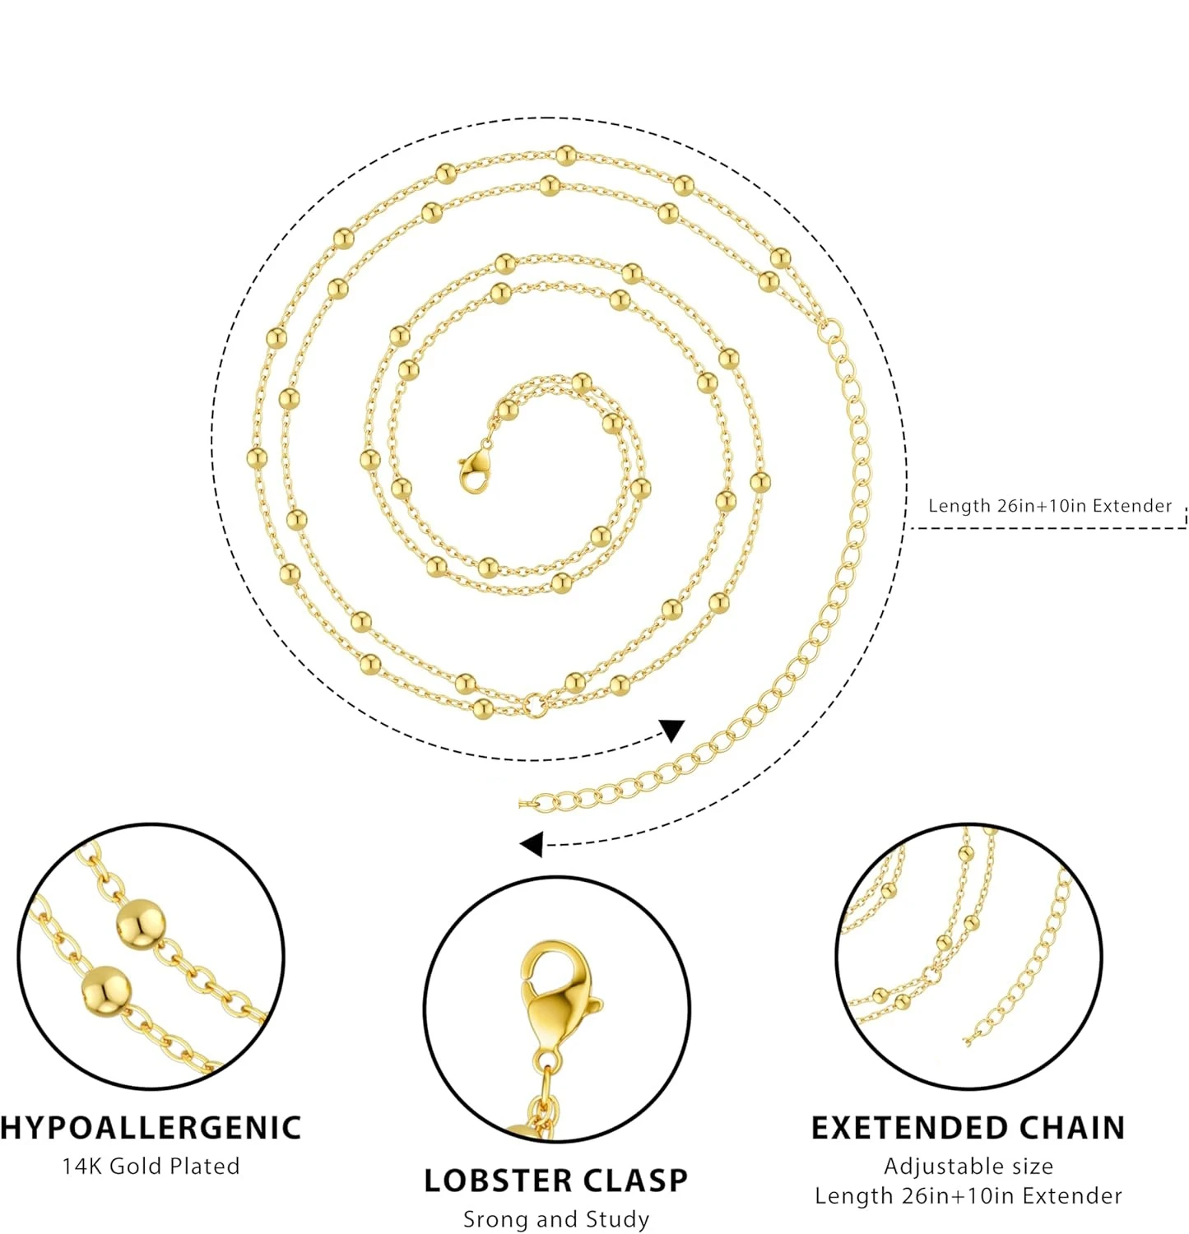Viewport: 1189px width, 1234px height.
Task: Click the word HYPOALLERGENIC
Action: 151,1127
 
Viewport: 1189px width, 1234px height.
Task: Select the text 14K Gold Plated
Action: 151,1166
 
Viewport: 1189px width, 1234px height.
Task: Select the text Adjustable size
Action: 968,1166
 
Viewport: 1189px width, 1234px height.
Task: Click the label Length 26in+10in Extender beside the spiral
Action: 1049,505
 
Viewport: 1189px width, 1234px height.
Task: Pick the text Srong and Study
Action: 556,1218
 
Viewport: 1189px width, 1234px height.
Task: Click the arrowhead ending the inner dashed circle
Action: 673,730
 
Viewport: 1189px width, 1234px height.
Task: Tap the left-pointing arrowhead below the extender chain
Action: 532,843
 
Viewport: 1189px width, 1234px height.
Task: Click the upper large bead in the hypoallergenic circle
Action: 139,923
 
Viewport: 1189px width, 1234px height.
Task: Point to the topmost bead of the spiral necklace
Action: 565,155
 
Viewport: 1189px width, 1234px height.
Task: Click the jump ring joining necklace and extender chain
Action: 832,331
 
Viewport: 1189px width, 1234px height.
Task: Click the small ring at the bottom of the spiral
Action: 535,704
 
